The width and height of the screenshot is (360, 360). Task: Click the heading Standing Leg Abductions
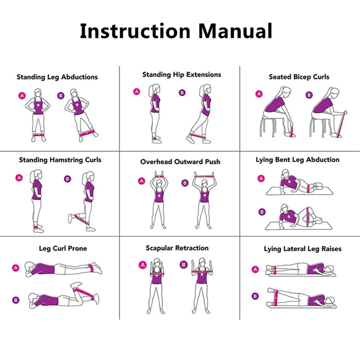(57, 77)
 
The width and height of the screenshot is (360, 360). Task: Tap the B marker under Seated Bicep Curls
(309, 95)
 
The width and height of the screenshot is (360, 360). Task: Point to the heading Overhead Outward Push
(180, 162)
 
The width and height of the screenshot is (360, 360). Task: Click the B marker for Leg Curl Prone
(16, 300)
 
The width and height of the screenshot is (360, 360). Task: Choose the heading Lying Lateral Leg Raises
(302, 249)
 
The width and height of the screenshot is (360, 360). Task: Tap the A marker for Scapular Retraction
(143, 265)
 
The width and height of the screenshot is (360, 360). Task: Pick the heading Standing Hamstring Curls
(60, 160)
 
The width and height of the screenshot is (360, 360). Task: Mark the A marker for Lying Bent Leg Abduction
(261, 179)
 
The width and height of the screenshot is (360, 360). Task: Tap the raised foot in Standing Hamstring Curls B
(70, 219)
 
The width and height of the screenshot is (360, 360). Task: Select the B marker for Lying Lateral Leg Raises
(255, 296)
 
